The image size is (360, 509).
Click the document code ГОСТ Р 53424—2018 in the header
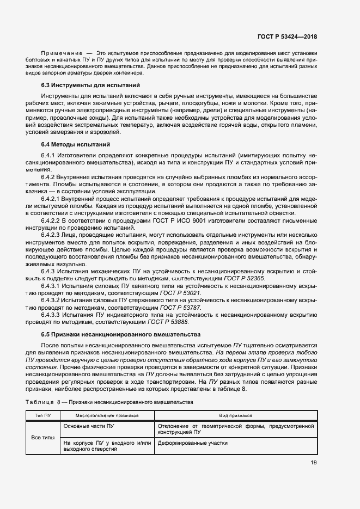click(x=287, y=36)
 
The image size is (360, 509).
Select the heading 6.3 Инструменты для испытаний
click(x=91, y=85)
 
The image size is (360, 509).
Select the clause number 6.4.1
click(x=50, y=156)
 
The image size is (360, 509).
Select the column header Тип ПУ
click(x=43, y=415)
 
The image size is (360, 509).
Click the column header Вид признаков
click(x=235, y=415)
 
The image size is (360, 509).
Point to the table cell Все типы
click(x=43, y=438)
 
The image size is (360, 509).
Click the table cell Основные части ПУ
click(x=89, y=426)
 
